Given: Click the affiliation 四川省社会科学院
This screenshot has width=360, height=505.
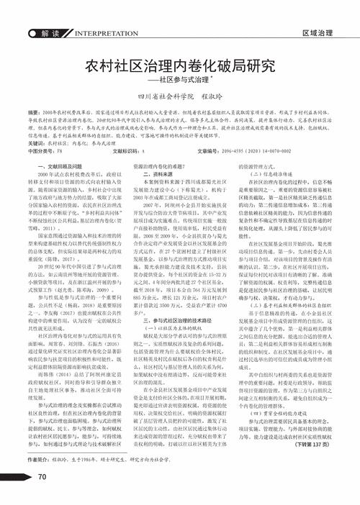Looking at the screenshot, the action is point(163,95).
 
